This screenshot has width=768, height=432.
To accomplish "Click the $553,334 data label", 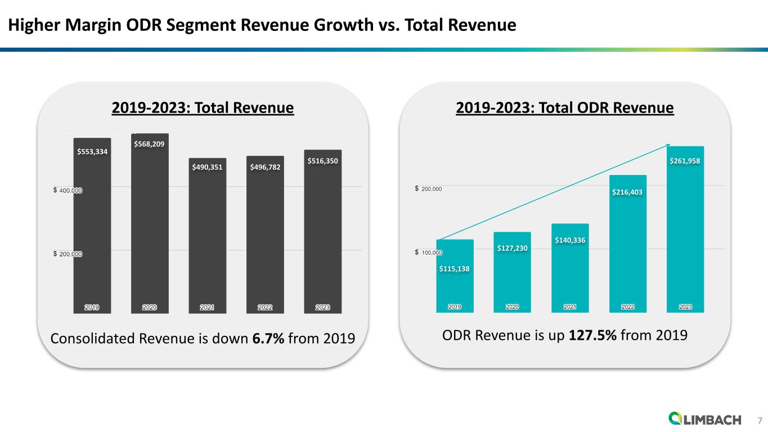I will (x=92, y=151).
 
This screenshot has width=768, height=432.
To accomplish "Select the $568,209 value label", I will (x=149, y=144).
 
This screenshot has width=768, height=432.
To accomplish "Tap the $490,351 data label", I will (x=207, y=166).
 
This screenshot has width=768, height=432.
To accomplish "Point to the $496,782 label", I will (x=265, y=166).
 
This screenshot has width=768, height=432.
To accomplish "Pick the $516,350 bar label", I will (x=322, y=161).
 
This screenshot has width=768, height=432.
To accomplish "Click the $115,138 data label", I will (x=454, y=268).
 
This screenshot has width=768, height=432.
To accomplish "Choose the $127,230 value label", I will (x=512, y=248).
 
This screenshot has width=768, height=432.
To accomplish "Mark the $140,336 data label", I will (x=570, y=240).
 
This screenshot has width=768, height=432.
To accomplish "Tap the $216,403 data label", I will (x=627, y=192).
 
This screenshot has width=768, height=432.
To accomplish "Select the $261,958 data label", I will (x=685, y=161).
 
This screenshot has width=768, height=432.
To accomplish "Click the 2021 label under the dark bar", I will (x=207, y=307).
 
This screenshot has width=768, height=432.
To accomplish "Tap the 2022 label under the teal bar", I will (x=627, y=307).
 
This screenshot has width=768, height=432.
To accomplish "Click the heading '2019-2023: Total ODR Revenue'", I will (x=564, y=107).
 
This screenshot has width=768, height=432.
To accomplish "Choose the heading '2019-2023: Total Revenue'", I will (x=203, y=107).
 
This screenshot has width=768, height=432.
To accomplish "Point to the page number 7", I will (x=759, y=420).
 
